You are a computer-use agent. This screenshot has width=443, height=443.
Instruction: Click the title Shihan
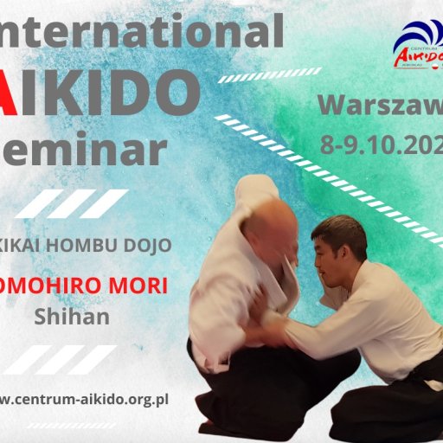point(72,316)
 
